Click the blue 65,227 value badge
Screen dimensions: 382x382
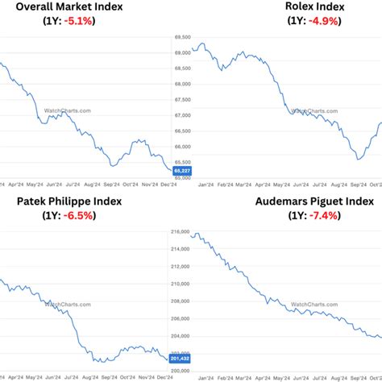click(182, 171)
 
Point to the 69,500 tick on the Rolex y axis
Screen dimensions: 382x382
click(182, 38)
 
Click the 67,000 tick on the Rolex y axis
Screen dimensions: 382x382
click(182, 116)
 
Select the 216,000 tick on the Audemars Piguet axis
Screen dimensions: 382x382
click(181, 232)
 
